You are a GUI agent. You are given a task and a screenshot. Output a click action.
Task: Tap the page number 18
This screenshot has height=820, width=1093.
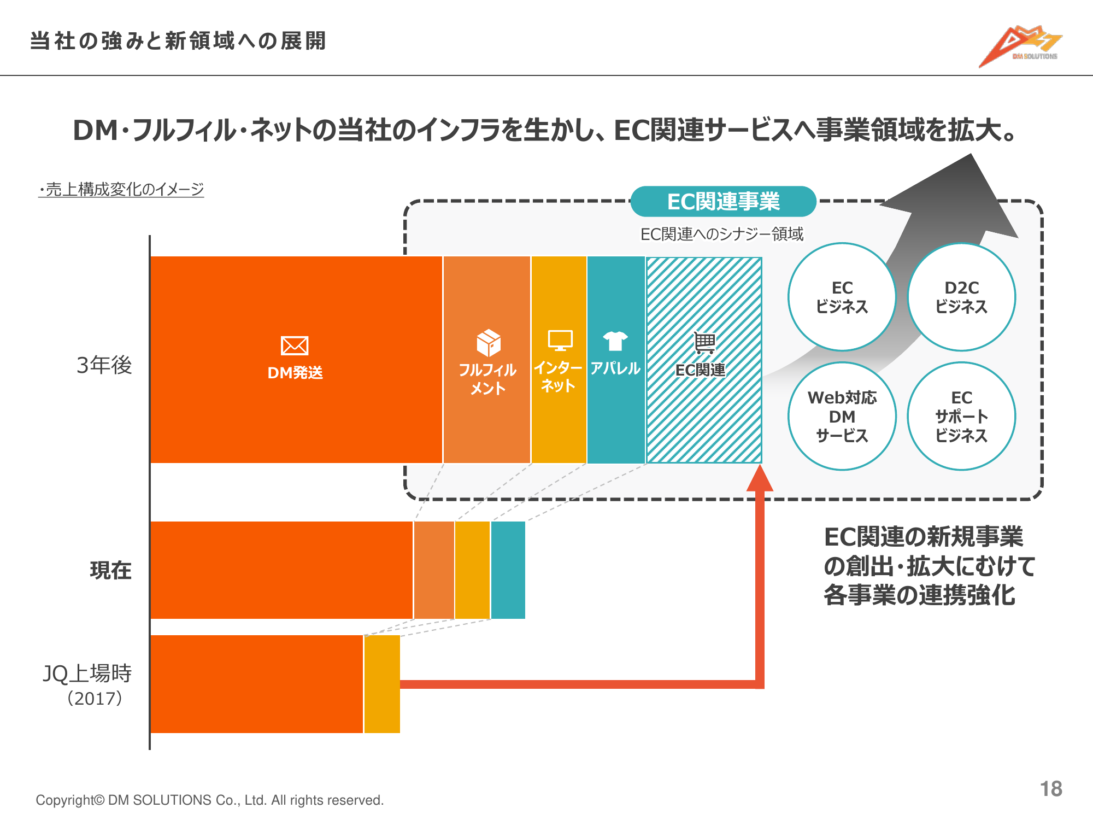[1050, 789]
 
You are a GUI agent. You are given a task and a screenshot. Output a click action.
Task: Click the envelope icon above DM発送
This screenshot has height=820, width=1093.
[295, 345]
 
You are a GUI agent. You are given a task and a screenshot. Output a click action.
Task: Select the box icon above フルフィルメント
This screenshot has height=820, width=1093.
[488, 343]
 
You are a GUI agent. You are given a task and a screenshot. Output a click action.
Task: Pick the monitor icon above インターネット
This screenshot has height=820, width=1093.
[560, 340]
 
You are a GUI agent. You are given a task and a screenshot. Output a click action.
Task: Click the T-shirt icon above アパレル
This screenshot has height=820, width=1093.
[615, 341]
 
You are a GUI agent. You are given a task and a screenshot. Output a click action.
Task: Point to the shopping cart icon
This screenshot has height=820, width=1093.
[704, 343]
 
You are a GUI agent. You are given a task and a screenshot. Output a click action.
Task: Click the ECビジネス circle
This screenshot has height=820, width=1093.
[842, 297]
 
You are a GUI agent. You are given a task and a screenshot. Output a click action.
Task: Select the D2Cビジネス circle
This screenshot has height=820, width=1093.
[961, 297]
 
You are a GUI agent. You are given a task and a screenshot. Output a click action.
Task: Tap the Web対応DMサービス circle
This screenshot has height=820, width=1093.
[842, 416]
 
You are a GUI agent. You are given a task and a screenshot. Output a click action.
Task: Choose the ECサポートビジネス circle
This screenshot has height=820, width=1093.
[961, 416]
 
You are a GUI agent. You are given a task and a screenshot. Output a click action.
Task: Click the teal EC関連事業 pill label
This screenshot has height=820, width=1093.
[723, 202]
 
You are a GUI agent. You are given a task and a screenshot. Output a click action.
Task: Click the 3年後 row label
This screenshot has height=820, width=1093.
[104, 365]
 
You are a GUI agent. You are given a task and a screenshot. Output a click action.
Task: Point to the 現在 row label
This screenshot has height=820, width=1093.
[110, 570]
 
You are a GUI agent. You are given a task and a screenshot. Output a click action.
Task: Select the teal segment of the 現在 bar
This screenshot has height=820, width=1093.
[508, 570]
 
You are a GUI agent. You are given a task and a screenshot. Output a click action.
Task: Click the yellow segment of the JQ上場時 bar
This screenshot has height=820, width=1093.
[382, 684]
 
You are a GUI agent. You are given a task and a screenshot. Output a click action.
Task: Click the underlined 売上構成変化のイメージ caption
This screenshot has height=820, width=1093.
[121, 189]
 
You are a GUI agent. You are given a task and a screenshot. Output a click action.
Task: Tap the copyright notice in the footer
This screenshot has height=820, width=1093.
[210, 800]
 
